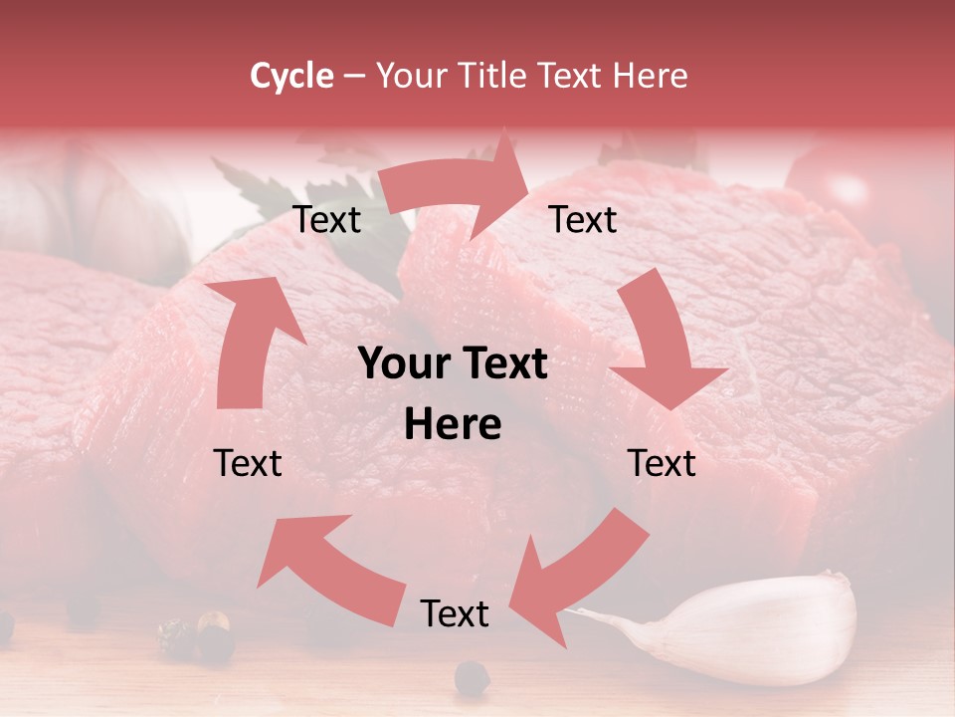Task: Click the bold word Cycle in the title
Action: pyautogui.click(x=291, y=76)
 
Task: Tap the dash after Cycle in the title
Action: pyautogui.click(x=354, y=77)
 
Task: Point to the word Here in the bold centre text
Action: pyautogui.click(x=453, y=425)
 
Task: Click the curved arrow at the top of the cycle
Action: pyautogui.click(x=458, y=185)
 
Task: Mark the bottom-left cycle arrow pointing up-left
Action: pyautogui.click(x=328, y=568)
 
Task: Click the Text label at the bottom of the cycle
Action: pyautogui.click(x=454, y=614)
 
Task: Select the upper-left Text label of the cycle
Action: pyautogui.click(x=326, y=220)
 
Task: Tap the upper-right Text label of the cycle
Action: pyautogui.click(x=583, y=220)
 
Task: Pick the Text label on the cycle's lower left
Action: pyautogui.click(x=248, y=463)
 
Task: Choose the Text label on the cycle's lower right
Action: pyautogui.click(x=662, y=463)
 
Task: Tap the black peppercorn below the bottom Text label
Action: pyautogui.click(x=472, y=679)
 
